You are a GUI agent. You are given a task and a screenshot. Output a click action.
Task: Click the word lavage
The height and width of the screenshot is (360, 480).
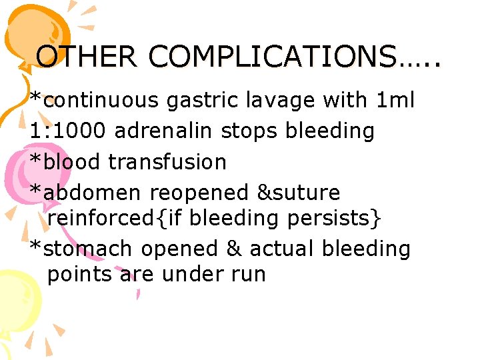(x=280, y=100)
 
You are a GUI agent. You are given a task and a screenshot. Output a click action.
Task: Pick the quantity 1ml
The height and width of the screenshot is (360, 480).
(x=395, y=100)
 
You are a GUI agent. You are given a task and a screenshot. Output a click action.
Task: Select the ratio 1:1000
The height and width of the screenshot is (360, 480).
(x=67, y=131)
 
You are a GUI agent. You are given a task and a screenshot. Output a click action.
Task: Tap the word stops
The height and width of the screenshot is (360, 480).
(x=249, y=131)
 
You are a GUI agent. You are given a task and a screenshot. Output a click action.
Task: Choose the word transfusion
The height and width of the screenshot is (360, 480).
(x=167, y=161)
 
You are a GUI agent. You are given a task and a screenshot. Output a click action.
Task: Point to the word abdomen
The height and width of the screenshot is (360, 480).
(x=93, y=193)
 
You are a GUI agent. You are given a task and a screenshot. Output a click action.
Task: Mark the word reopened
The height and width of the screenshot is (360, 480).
(x=199, y=193)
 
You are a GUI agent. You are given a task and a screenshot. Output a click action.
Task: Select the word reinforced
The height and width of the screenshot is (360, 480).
(x=100, y=217)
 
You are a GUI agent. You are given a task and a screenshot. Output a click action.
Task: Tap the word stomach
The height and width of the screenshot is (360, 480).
(x=89, y=249)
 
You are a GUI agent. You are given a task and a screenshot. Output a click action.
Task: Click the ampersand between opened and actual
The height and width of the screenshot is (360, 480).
(x=233, y=249)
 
